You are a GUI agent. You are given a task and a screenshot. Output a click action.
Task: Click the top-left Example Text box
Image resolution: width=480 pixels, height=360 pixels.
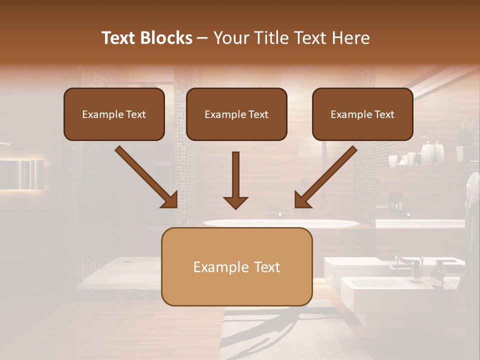coord(114,114)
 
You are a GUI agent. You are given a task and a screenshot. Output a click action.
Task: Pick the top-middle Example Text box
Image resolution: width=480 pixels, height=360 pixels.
coord(236,114)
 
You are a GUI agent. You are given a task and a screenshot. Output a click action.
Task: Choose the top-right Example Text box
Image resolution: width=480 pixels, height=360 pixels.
coord(362,114)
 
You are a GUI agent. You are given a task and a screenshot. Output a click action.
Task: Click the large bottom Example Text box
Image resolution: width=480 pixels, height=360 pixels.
coord(236,267)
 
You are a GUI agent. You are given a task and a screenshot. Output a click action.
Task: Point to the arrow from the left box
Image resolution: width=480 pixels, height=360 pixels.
coord(146,177)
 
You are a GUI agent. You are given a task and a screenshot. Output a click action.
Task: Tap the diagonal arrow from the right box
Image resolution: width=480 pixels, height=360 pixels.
coord(325,177)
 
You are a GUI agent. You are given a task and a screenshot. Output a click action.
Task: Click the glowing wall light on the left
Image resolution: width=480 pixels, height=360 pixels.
coord(22,174)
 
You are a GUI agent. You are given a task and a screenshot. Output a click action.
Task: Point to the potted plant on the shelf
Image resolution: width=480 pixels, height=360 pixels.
coord(465,132)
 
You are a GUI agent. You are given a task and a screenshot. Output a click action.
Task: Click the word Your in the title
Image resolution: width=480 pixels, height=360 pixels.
coord(232,38)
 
